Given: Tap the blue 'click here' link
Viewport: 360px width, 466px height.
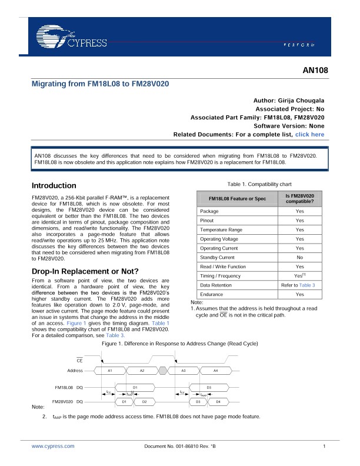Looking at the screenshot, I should pyautogui.click(x=309, y=135).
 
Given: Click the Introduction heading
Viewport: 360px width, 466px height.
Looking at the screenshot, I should pyautogui.click(x=54, y=185).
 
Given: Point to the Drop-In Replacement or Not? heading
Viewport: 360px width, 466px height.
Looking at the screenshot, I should pyautogui.click(x=84, y=271).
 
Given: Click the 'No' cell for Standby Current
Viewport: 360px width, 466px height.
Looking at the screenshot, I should pyautogui.click(x=299, y=258).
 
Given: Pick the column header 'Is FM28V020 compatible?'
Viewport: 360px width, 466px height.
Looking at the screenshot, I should pyautogui.click(x=299, y=198).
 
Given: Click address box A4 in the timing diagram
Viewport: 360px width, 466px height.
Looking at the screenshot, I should pyautogui.click(x=215, y=371).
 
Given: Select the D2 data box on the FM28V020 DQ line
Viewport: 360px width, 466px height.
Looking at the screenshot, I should pyautogui.click(x=144, y=401).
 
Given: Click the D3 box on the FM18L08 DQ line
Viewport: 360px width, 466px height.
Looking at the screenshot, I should pyautogui.click(x=209, y=387).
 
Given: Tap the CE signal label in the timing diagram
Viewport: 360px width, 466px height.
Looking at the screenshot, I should pyautogui.click(x=79, y=360).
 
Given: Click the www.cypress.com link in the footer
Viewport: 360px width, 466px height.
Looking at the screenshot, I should pyautogui.click(x=53, y=447).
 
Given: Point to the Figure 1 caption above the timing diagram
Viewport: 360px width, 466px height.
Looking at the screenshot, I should pyautogui.click(x=180, y=343).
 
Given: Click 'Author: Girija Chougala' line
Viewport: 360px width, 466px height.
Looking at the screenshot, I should pyautogui.click(x=288, y=101).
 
